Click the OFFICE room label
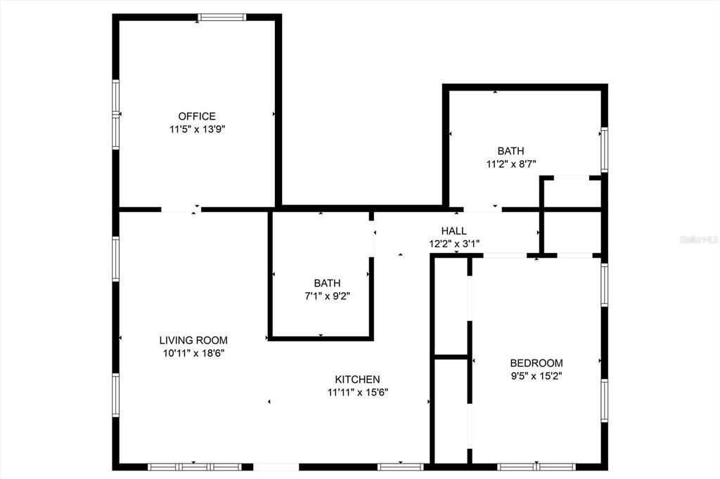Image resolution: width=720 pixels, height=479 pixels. (197, 116)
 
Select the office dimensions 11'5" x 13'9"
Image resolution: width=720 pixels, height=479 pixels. (197, 129)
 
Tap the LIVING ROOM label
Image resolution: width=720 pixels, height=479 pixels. (193, 340)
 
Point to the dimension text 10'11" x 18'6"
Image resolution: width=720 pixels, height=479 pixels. (193, 353)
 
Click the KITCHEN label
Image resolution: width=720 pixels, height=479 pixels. (357, 379)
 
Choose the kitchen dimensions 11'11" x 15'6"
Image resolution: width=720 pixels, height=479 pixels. (358, 393)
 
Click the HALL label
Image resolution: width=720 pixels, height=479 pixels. (454, 231)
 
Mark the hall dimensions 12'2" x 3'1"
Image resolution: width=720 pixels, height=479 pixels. (454, 244)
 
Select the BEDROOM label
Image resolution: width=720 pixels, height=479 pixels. (536, 363)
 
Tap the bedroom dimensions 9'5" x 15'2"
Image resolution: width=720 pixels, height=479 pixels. (536, 376)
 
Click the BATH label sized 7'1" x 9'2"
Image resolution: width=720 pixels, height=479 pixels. (327, 283)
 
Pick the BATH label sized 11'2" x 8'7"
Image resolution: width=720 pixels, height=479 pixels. (510, 151)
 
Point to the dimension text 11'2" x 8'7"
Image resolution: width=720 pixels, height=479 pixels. (511, 164)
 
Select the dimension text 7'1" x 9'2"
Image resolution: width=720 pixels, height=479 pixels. (327, 296)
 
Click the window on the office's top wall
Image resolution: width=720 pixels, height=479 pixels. (221, 18)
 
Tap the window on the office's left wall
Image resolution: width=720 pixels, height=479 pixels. (116, 114)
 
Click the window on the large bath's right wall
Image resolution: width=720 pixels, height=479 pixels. (604, 150)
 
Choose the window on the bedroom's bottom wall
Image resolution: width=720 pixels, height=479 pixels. (536, 466)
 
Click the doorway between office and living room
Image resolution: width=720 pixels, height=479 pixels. (181, 209)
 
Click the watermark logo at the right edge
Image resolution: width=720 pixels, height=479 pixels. (697, 240)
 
